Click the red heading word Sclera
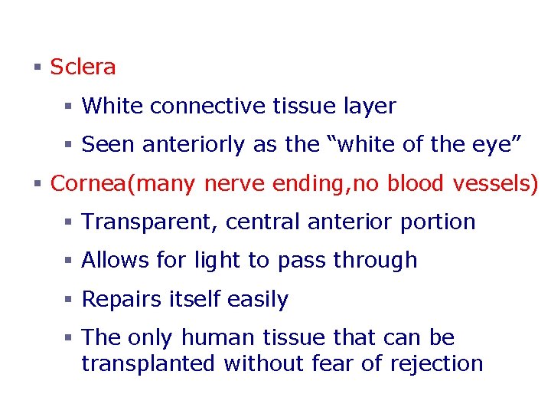[83, 67]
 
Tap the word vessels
[497, 184]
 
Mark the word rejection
[436, 363]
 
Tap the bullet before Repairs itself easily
[68, 300]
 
